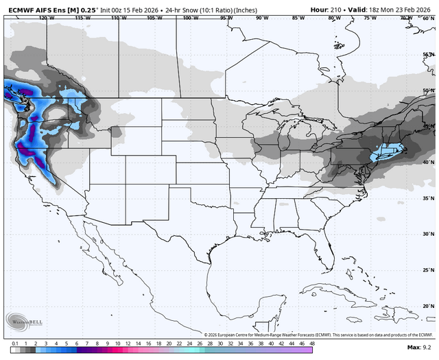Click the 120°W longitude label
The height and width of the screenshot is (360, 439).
pyautogui.click(x=47, y=18)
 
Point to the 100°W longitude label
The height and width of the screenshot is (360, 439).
pyautogui.click(x=189, y=18)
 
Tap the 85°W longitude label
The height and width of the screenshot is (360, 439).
pyautogui.click(x=298, y=18)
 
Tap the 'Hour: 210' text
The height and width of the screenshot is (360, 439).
pyautogui.click(x=329, y=9)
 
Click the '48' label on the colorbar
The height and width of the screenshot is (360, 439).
pyautogui.click(x=312, y=343)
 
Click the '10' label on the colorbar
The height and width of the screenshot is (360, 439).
pyautogui.click(x=118, y=343)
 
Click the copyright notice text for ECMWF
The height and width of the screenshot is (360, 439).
pyautogui.click(x=319, y=335)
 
